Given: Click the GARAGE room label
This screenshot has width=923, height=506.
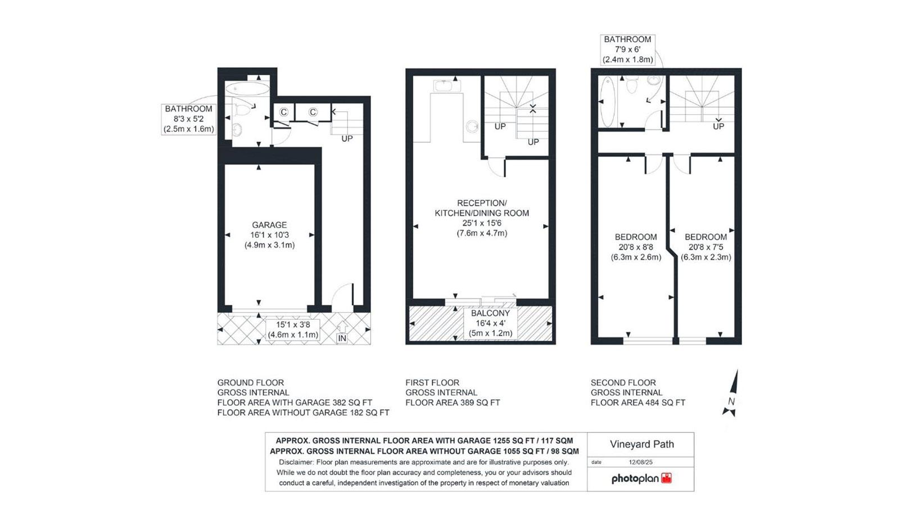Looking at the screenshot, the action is click(269, 225).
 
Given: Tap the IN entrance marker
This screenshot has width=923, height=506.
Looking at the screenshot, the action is click(342, 338).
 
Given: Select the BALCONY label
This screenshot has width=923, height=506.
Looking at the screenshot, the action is click(490, 313).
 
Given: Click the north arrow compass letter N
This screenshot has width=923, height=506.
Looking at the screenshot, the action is click(731, 401).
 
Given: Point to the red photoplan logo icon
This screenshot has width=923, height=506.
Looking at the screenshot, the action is click(666, 478).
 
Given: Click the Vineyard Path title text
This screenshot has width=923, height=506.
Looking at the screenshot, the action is click(642, 444).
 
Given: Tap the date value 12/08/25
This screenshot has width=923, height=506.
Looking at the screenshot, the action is click(641, 462).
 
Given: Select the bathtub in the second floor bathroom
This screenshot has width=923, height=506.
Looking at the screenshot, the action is click(607, 102).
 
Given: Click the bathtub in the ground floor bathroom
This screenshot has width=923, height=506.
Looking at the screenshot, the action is click(247, 89).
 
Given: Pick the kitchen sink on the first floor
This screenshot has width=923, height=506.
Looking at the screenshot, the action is click(443, 86).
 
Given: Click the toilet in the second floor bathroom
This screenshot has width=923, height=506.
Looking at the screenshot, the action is click(631, 84).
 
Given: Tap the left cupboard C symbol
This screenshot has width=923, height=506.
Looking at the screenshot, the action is click(283, 112).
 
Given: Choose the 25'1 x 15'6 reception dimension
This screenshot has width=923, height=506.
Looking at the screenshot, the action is click(482, 223).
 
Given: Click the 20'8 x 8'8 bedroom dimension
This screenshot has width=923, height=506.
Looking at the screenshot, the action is click(636, 247).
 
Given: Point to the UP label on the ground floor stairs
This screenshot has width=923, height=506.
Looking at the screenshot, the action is click(347, 139).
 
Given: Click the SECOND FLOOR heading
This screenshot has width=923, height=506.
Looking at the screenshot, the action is click(623, 382).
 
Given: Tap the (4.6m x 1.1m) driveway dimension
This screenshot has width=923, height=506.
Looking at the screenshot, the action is click(293, 335).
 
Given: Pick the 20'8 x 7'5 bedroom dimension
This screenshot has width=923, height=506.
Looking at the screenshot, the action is click(706, 247).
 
